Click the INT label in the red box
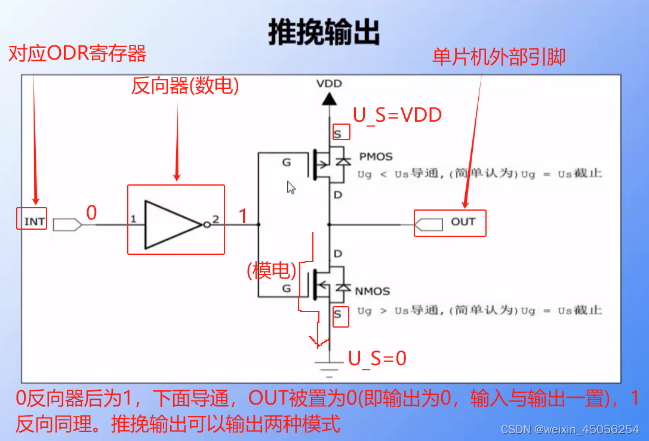coord(35,221)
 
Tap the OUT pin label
coord(463,222)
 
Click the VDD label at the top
coord(329,84)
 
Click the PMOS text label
coord(376,156)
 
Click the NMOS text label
coord(372,291)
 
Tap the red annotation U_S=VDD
coord(397,115)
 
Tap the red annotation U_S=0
coord(377,358)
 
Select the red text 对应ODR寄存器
coord(77,54)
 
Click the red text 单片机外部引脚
coord(499,57)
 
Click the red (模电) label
coord(272,271)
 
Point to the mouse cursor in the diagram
coord(291,187)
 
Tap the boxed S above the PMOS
coord(338,134)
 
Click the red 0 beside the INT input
coord(91,213)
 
